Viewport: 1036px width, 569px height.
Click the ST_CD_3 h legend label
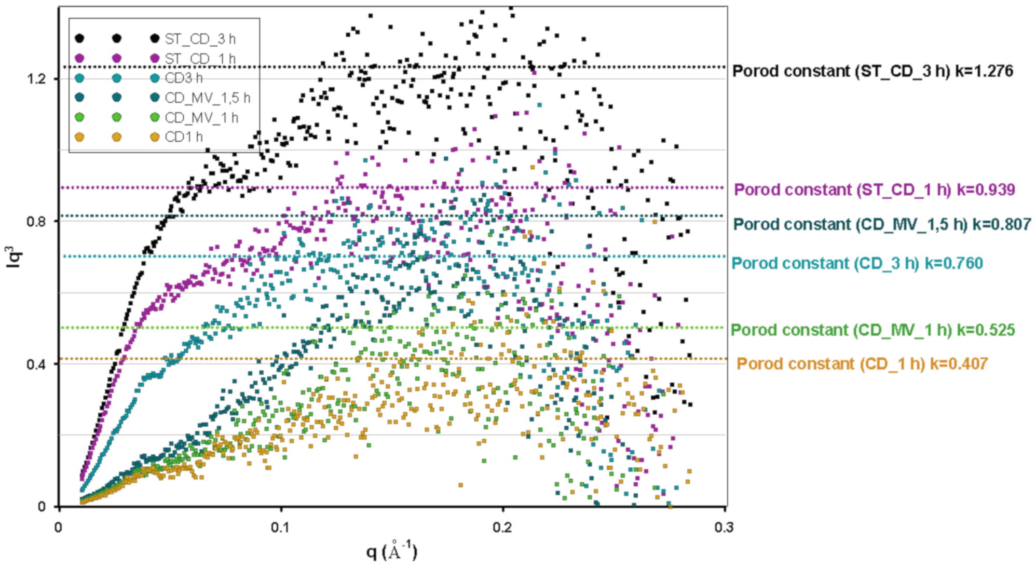point(200,39)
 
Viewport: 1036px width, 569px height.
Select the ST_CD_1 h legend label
point(200,58)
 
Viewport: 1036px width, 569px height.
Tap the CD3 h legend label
point(184,78)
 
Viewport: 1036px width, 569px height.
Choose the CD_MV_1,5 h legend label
point(207,98)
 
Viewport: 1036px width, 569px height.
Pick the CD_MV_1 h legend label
point(201,118)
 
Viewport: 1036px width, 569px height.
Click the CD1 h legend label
point(184,137)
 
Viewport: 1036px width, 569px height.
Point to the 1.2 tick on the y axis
point(36,79)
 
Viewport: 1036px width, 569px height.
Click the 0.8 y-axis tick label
point(36,222)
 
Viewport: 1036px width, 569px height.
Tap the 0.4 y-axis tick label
point(36,364)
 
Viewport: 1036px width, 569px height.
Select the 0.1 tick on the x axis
point(280,527)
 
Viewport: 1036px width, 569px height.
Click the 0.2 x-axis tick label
point(502,527)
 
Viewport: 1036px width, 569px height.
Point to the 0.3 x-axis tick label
point(724,527)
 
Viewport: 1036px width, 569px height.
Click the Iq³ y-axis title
point(15,257)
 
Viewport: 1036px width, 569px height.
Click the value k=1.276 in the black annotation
point(984,71)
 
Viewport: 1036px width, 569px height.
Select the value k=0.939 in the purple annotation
point(986,189)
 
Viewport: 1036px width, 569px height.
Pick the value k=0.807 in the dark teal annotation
point(1001,224)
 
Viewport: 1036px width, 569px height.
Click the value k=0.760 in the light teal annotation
point(953,263)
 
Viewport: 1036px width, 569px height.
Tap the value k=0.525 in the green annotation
point(986,330)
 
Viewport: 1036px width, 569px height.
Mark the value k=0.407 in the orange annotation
point(958,363)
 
